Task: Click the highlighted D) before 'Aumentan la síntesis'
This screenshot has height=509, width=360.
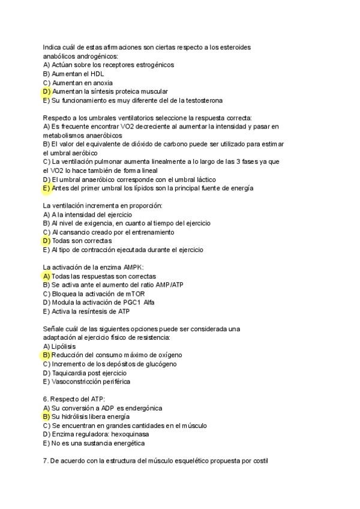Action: point(46,91)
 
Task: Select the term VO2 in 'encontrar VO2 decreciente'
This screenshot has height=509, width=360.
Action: point(118,127)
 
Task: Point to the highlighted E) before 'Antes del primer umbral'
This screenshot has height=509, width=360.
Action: point(46,188)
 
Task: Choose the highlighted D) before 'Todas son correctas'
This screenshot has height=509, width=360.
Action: point(46,241)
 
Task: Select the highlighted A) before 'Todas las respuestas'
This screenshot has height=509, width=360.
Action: point(46,276)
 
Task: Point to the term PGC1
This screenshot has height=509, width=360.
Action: point(131,303)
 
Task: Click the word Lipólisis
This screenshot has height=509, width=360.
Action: point(64,346)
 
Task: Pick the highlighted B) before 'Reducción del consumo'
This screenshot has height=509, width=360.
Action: point(46,355)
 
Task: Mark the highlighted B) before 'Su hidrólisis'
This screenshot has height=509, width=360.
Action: point(46,416)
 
